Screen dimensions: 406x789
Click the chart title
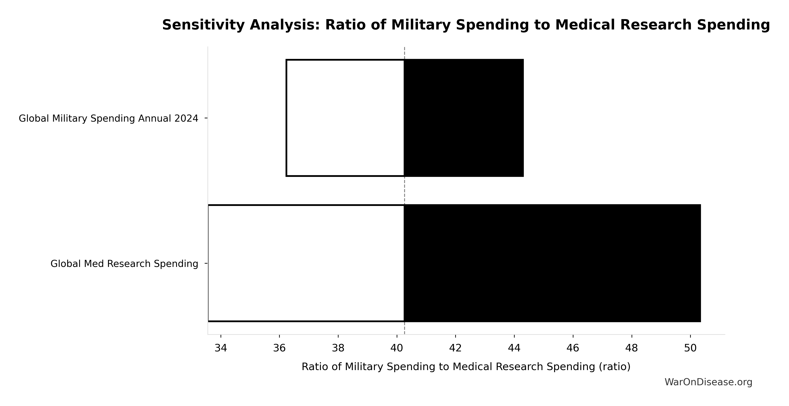(466, 25)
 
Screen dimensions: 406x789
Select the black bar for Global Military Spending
(464, 118)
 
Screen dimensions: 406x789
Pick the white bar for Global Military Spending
(345, 118)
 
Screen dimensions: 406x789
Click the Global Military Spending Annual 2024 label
(108, 119)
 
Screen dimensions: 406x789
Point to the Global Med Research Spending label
(124, 264)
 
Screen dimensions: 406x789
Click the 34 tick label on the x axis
(221, 348)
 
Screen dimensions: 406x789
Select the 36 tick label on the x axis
(279, 348)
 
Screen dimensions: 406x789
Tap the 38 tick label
(338, 348)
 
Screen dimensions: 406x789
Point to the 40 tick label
(397, 348)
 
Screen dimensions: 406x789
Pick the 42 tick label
(455, 348)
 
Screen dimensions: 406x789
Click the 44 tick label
(514, 348)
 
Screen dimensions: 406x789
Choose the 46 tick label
(573, 348)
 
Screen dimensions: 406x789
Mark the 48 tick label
(632, 348)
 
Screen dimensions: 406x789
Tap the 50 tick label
(690, 348)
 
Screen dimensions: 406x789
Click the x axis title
(466, 367)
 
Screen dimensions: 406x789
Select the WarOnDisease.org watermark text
(708, 382)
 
